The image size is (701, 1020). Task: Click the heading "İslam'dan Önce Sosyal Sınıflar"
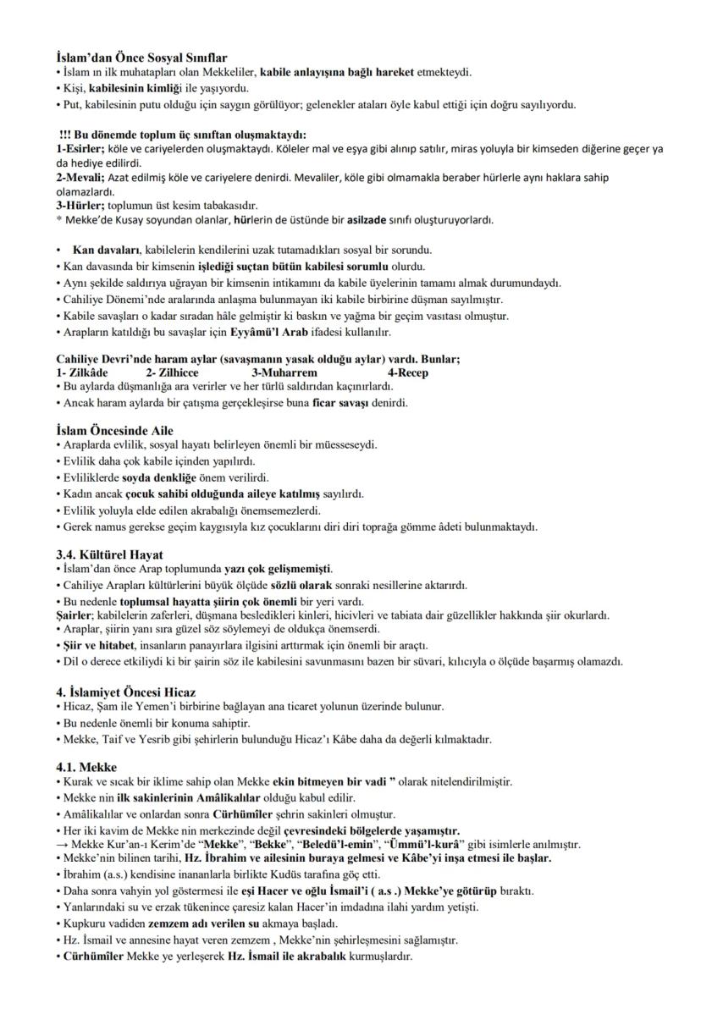pos(141,58)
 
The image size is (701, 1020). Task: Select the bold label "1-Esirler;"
pos(82,149)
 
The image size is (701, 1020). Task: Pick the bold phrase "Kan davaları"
pos(107,250)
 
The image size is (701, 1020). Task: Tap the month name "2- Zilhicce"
pos(172,373)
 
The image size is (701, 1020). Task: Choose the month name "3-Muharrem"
pos(284,373)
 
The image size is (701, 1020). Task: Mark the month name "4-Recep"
pos(408,373)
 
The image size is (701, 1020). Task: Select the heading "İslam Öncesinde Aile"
pos(114,431)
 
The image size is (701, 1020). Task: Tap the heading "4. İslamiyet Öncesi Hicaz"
pos(128,692)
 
